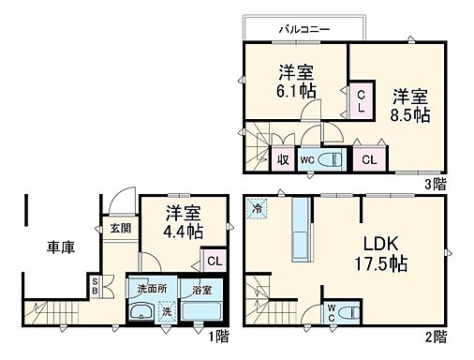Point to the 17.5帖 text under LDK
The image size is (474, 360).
point(379,263)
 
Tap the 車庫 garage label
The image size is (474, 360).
point(62,247)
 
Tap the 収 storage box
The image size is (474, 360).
point(282,159)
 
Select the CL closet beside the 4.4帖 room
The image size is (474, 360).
point(215,261)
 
